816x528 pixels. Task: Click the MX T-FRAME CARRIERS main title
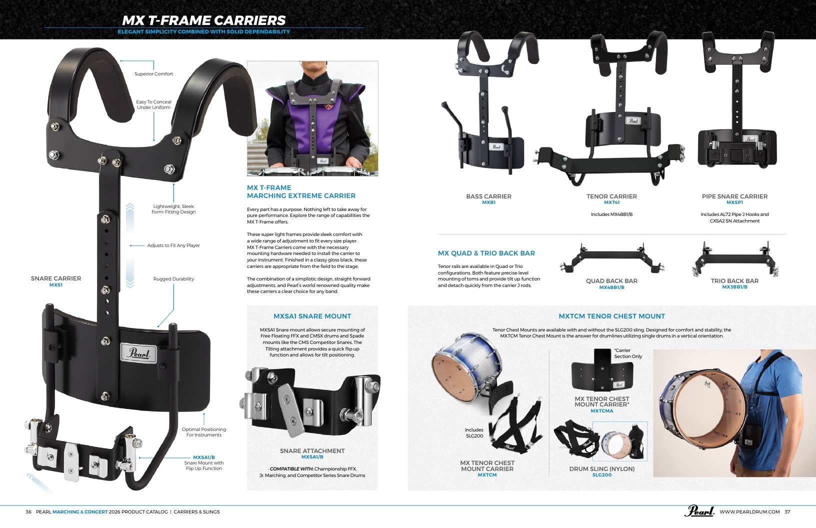(x=203, y=20)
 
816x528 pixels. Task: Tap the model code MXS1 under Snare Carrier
(x=55, y=285)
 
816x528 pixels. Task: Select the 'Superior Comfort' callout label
(x=153, y=74)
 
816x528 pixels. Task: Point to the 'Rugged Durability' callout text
(x=173, y=279)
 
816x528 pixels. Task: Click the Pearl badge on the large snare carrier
(x=138, y=352)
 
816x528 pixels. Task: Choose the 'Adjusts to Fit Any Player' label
(x=173, y=245)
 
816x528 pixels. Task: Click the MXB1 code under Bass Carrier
(x=488, y=202)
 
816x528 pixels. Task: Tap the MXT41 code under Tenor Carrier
(x=611, y=202)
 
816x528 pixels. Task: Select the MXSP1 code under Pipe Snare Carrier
(x=734, y=202)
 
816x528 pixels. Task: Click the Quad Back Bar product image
(x=611, y=258)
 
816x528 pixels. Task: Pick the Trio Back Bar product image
(x=735, y=258)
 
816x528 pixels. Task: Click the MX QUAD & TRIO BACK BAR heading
(x=486, y=253)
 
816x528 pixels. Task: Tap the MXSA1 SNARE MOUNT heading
(x=312, y=316)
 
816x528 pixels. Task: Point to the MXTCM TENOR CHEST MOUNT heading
(x=611, y=316)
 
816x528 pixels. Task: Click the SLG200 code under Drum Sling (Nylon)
(x=602, y=475)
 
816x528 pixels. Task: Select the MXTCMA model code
(x=602, y=411)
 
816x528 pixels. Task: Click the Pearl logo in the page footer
(x=699, y=511)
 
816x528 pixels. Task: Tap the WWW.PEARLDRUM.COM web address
(x=749, y=512)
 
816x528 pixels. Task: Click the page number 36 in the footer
(x=28, y=512)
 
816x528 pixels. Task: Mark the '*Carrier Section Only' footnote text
(x=628, y=353)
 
